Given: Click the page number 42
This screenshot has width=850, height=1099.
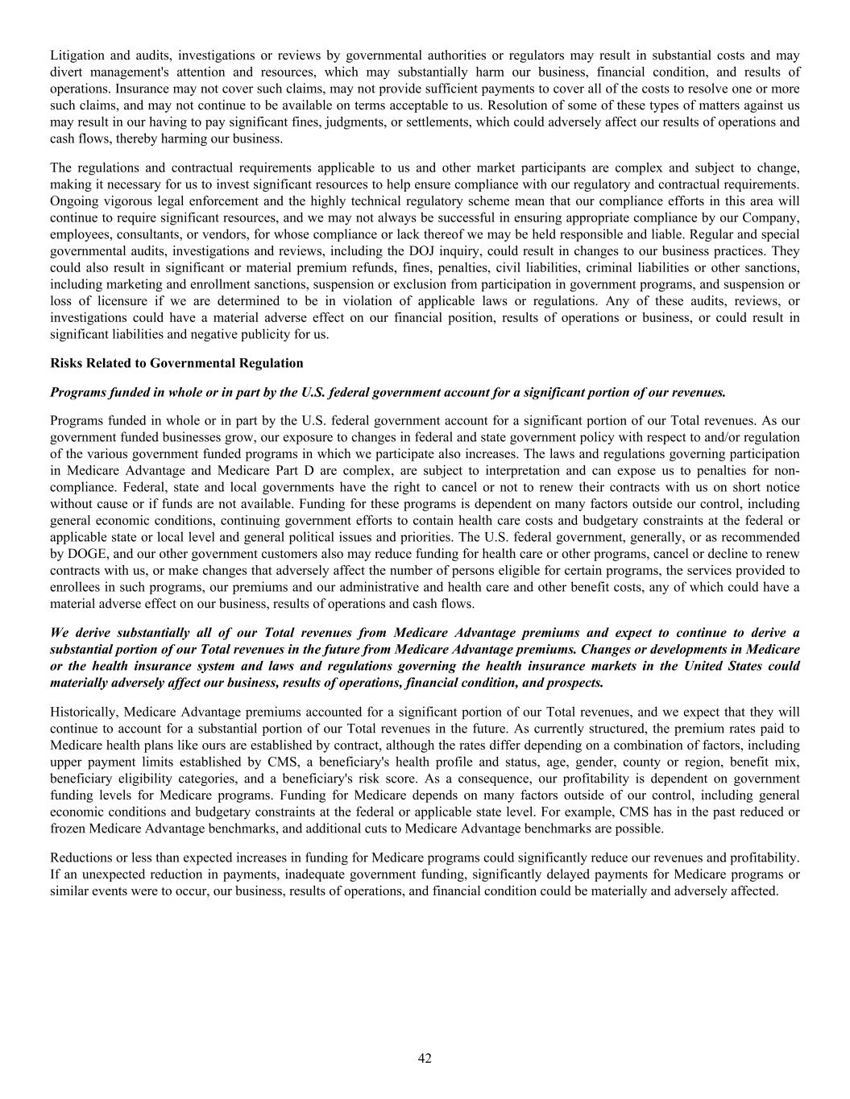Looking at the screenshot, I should pyautogui.click(x=425, y=1058).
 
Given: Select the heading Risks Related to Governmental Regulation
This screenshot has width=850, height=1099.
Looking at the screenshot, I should pyautogui.click(x=176, y=363).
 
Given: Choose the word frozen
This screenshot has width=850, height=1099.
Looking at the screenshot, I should pyautogui.click(x=68, y=828).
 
